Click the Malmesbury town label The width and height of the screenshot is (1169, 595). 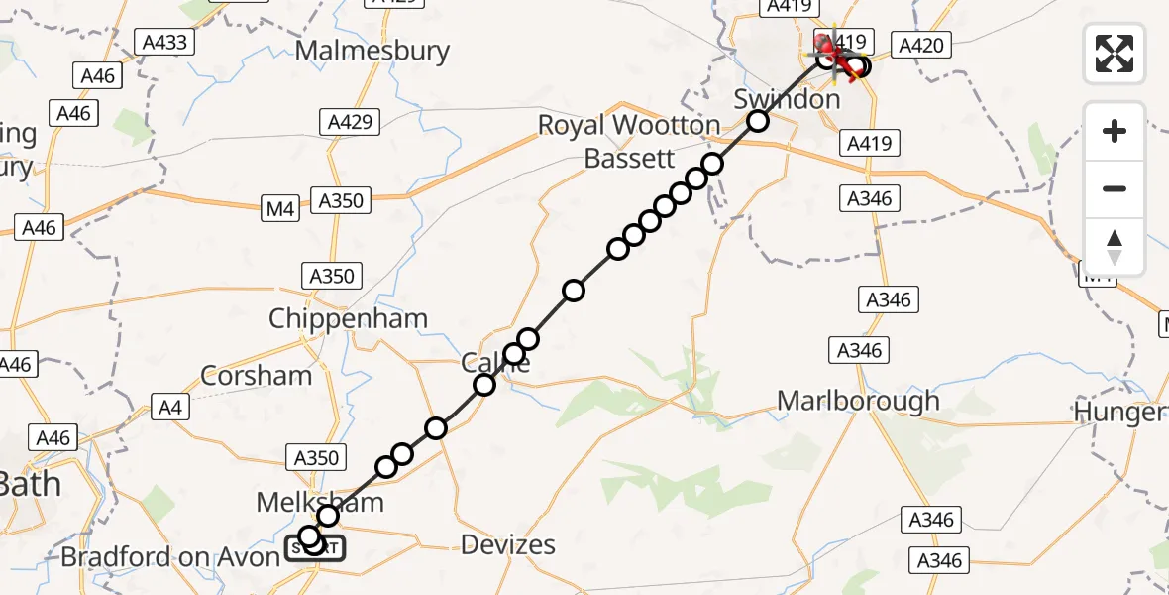[x=372, y=51]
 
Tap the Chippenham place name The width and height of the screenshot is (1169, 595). [x=349, y=318]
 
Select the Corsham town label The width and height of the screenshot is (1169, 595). [x=256, y=375]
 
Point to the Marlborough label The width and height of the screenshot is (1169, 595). [x=858, y=401]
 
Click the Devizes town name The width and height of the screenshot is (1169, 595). [x=508, y=544]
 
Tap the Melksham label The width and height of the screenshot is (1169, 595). [x=319, y=502]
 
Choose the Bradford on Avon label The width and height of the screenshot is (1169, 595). [x=170, y=557]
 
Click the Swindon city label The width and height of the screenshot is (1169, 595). [x=787, y=99]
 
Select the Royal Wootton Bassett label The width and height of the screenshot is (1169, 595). [x=629, y=141]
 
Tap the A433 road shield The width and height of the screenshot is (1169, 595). [x=165, y=43]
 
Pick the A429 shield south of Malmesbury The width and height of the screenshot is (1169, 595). [x=351, y=122]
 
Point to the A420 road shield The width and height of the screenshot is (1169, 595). [x=922, y=44]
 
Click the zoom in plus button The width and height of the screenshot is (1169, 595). [x=1115, y=131]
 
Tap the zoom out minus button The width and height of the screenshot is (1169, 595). [x=1115, y=188]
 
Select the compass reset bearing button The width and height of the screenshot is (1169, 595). [x=1115, y=246]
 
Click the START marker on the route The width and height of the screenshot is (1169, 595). [x=317, y=547]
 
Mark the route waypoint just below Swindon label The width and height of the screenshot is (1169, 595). [x=758, y=121]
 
